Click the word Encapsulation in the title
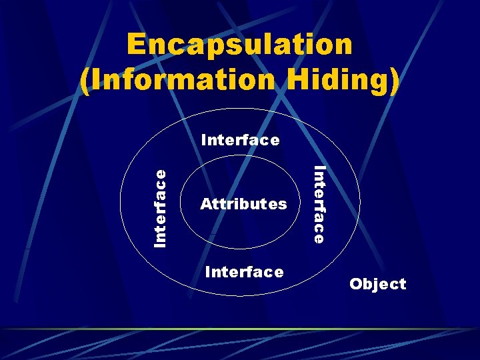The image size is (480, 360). tap(239, 45)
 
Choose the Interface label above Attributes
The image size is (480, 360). tap(240, 140)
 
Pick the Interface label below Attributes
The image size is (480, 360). tap(245, 272)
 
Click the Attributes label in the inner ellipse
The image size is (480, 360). tap(243, 203)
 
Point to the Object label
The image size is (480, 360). tap(377, 284)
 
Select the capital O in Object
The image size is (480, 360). tap(356, 284)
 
